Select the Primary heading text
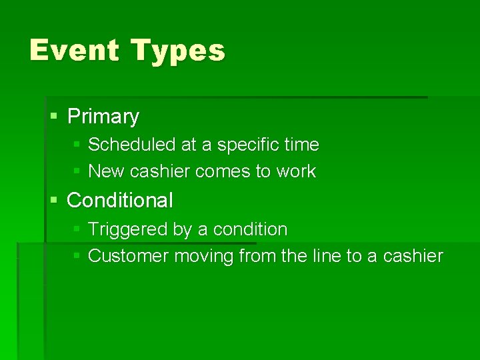tap(103, 117)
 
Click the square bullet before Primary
tap(55, 116)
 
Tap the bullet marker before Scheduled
tap(77, 144)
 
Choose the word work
tap(295, 171)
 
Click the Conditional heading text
tap(120, 200)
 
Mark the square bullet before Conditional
tap(55, 199)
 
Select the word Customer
tap(129, 256)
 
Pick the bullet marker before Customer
tap(77, 255)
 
